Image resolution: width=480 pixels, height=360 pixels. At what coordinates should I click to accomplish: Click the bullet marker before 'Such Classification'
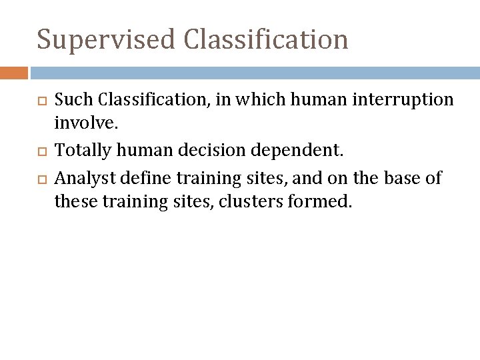click(x=42, y=101)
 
